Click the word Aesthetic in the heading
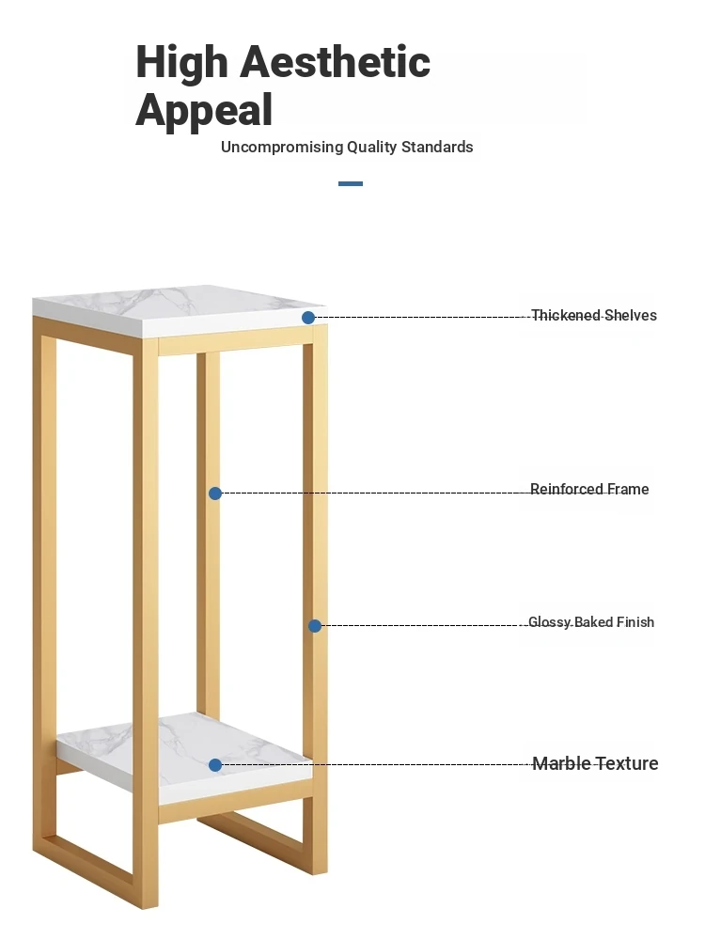pos(336,62)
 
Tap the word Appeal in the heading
pos(204,110)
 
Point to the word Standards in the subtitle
pos(437,147)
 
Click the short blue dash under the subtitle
pos(351,183)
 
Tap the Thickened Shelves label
pos(594,315)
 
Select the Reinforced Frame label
pos(589,489)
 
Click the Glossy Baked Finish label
pos(591,622)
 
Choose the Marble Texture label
pos(595,763)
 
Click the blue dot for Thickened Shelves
pos(308,318)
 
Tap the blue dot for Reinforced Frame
pos(215,493)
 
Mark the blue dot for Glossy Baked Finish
pos(315,626)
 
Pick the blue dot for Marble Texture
pos(215,765)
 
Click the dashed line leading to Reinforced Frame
pos(376,493)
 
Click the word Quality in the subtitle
pos(372,148)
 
